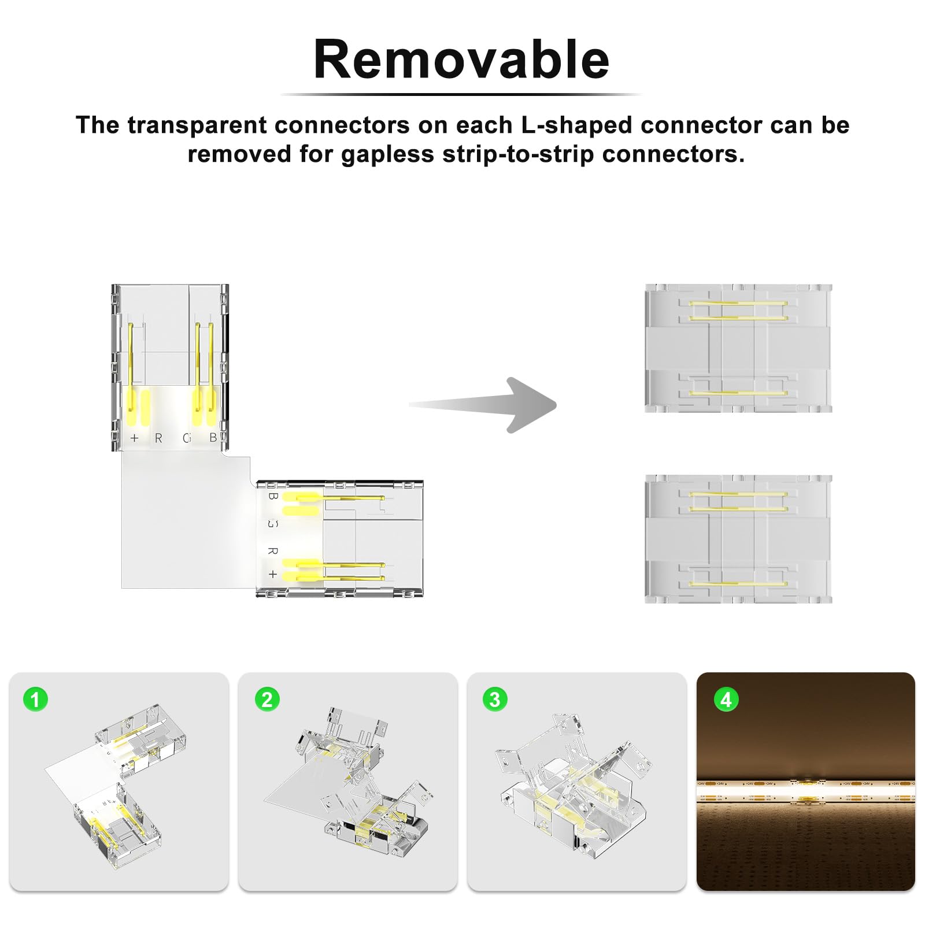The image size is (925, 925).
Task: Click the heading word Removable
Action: pos(461,60)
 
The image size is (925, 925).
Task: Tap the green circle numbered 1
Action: pos(35,700)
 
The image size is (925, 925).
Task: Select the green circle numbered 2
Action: pos(267,700)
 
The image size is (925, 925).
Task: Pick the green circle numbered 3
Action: pos(495,700)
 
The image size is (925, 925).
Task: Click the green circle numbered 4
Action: pos(726,700)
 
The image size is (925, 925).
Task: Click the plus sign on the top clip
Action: pos(135,438)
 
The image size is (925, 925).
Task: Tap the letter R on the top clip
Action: pos(158,438)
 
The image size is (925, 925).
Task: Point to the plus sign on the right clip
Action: pos(273,574)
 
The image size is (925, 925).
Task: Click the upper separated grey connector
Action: pos(738,348)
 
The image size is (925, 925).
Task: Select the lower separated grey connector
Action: pos(738,539)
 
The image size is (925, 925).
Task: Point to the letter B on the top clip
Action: pos(213,438)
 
